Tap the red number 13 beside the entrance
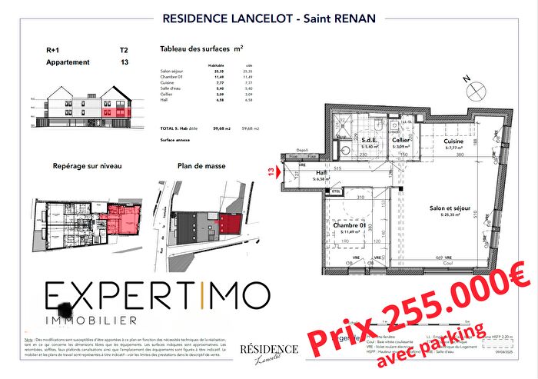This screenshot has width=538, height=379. point(271,174)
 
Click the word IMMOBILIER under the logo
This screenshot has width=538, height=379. point(93,318)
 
